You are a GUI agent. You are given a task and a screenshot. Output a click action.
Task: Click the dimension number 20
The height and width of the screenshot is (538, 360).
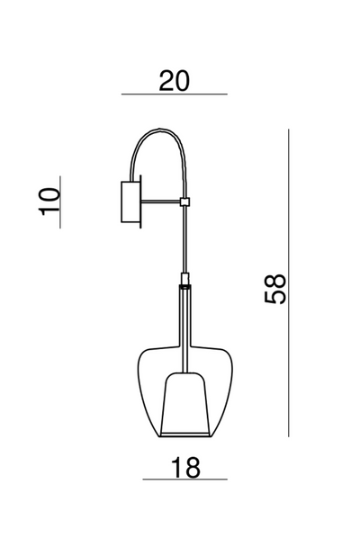coord(174,81)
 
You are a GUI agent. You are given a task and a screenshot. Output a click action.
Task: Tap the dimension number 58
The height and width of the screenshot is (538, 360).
coord(274,289)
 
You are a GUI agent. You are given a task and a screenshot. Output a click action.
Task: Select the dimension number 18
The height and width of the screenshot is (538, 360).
coord(185,467)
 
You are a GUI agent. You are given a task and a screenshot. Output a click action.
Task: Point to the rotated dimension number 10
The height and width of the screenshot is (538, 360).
coord(49,202)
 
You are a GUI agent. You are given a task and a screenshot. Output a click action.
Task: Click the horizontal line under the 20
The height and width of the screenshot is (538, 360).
coord(175,94)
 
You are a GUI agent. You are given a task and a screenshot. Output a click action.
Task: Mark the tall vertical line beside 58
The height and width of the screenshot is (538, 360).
coord(289,283)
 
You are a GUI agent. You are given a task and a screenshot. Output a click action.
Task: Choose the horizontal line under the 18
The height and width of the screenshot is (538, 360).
coord(185,480)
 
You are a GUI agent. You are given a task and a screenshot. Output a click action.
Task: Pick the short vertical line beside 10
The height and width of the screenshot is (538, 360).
coord(60,202)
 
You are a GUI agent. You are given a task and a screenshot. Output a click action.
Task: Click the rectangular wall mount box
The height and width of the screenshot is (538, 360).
coord(130,202)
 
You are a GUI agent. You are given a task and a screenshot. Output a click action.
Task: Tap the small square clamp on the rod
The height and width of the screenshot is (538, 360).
coord(185,202)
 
